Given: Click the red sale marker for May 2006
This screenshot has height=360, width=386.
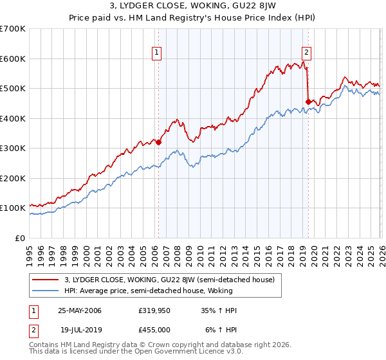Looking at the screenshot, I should coord(158,143).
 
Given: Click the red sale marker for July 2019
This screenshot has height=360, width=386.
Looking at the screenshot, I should coord(308,102).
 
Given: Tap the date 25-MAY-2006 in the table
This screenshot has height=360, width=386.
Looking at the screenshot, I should coord(80,310).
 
